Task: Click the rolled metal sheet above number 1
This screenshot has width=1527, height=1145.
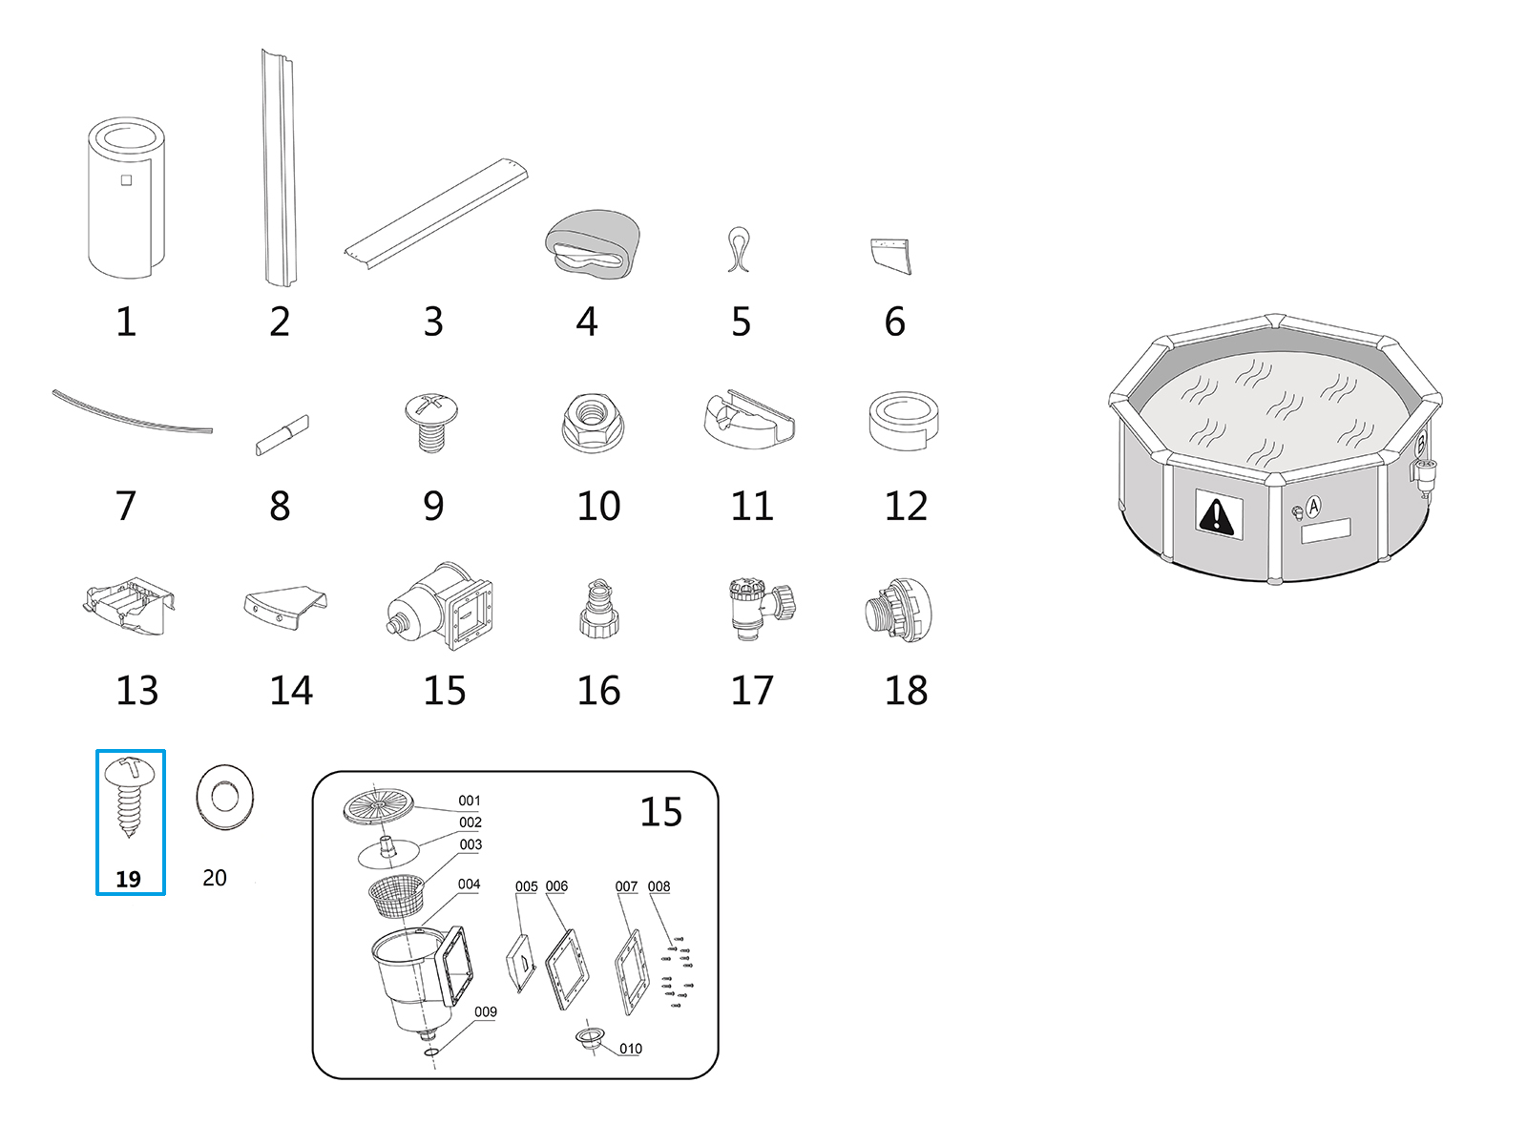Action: pyautogui.click(x=126, y=198)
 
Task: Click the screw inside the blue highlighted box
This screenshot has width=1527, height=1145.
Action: pyautogui.click(x=128, y=795)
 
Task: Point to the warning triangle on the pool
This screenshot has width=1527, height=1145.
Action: pyautogui.click(x=1216, y=515)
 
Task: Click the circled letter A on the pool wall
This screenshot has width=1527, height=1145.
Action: pyautogui.click(x=1313, y=507)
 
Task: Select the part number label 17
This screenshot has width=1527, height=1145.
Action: pyautogui.click(x=752, y=691)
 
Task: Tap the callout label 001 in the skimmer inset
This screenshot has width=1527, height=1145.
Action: pyautogui.click(x=470, y=801)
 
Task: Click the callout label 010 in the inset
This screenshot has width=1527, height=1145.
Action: pyautogui.click(x=631, y=1049)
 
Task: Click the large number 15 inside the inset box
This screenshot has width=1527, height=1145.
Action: pyautogui.click(x=660, y=812)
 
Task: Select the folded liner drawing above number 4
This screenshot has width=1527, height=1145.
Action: pyautogui.click(x=592, y=244)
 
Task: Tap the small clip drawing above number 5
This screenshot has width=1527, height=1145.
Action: pyautogui.click(x=739, y=249)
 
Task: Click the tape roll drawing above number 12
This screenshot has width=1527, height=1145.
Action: pyautogui.click(x=904, y=420)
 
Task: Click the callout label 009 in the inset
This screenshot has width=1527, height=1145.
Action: pyautogui.click(x=486, y=1011)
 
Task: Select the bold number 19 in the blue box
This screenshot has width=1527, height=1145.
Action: pyautogui.click(x=128, y=879)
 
